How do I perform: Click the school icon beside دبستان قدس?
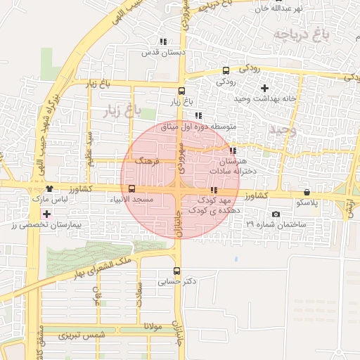click(x=164, y=42)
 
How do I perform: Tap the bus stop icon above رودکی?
click(x=226, y=70)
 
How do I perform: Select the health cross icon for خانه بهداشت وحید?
click(x=264, y=88)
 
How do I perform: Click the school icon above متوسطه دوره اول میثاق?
click(x=198, y=116)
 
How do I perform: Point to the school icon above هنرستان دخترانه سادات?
click(x=233, y=150)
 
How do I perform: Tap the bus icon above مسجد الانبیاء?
click(x=131, y=188)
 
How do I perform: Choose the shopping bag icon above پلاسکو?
click(x=307, y=193)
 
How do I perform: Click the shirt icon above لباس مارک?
click(x=49, y=188)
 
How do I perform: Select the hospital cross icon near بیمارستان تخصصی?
click(x=46, y=213)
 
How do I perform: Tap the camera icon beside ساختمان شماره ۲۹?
click(x=276, y=214)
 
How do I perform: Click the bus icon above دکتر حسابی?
click(x=176, y=271)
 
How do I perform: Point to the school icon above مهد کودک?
click(x=214, y=190)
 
